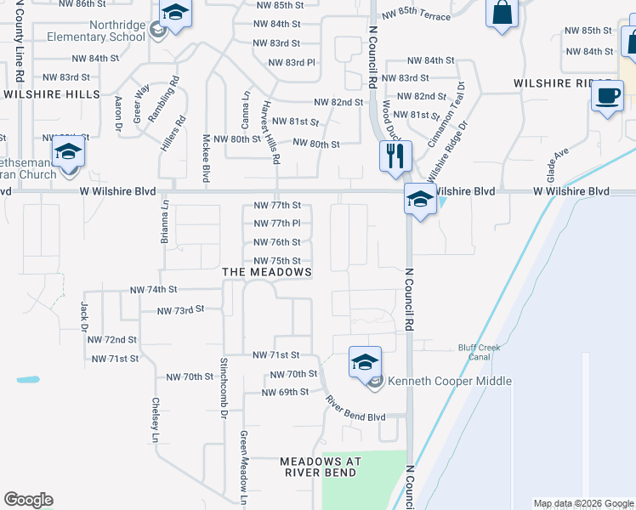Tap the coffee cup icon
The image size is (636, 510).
coord(606,96)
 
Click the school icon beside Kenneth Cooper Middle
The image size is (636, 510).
coord(364,363)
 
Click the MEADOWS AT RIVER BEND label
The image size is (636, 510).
coord(321,467)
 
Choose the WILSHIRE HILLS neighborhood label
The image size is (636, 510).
coord(52,94)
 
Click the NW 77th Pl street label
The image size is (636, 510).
coord(277,224)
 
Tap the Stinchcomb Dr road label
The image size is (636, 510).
coord(224,387)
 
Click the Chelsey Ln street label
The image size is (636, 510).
coord(155,420)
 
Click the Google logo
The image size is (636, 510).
coord(28,500)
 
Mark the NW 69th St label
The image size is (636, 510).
coord(285,392)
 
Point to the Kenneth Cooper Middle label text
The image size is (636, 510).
coord(450,381)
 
